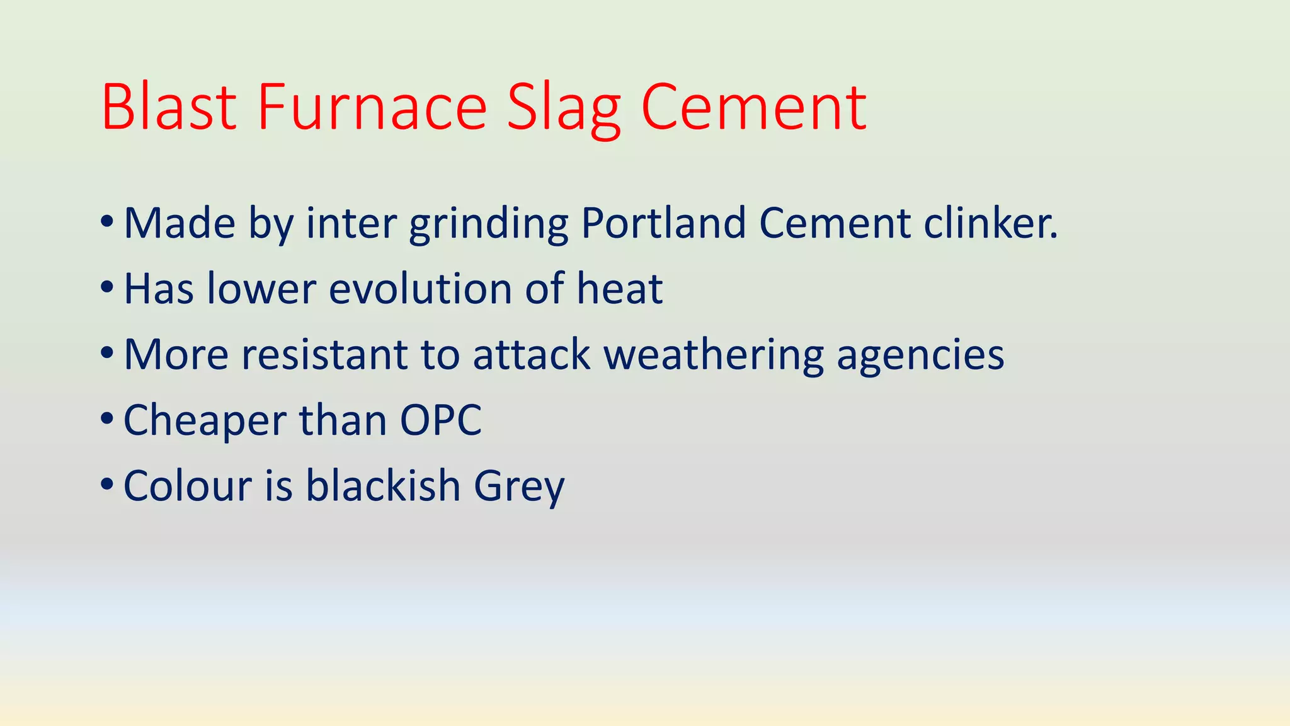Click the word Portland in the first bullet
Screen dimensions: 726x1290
(x=663, y=223)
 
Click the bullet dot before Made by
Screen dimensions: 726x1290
(x=107, y=222)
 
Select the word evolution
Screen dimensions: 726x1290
(x=420, y=289)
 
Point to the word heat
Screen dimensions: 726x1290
(x=620, y=289)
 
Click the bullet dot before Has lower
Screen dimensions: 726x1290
(x=107, y=288)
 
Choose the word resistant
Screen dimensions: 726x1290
(x=324, y=354)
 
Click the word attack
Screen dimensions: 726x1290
(x=531, y=354)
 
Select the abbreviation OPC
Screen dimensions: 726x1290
(x=441, y=420)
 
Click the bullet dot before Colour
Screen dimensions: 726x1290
(x=107, y=485)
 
